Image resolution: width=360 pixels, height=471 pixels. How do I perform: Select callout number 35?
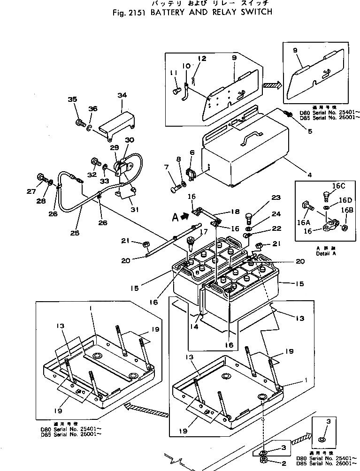72,99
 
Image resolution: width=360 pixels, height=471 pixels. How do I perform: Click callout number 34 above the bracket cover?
122,96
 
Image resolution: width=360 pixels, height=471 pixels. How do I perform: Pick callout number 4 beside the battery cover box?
296,175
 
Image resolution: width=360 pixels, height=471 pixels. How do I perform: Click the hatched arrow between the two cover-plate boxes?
272,85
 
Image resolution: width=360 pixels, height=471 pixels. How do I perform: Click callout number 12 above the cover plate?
202,59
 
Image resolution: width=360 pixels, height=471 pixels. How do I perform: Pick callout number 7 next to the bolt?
166,167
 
